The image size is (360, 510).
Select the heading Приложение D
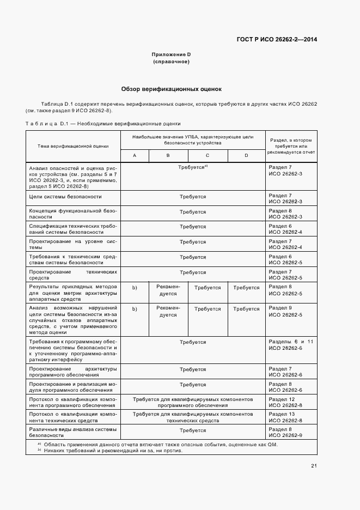[x=171, y=54]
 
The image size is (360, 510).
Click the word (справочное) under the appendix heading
[x=171, y=62]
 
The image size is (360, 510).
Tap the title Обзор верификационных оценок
[x=171, y=89]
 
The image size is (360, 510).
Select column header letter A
[x=135, y=155]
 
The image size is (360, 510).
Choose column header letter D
[x=246, y=155]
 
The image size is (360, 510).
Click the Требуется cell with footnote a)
[x=193, y=167]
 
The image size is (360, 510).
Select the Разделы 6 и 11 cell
[x=291, y=344]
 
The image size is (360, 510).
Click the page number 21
[x=314, y=465]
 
